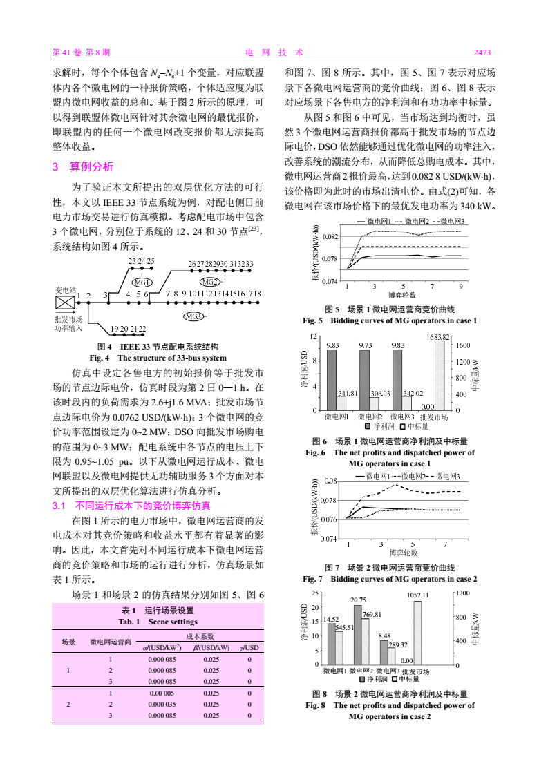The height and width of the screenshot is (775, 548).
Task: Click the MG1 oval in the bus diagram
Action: point(142,282)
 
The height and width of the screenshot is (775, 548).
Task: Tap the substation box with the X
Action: point(65,303)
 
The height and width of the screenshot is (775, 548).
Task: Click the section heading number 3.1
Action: point(63,506)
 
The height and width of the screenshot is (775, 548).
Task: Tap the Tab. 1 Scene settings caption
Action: point(158,622)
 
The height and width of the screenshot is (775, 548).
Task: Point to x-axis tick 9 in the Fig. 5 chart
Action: point(460,286)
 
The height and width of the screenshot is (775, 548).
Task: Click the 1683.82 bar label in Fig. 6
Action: point(438,336)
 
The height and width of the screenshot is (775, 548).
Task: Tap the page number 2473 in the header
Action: point(482,52)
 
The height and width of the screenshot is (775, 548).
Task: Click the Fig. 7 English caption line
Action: point(390,578)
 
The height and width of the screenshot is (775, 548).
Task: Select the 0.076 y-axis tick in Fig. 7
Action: point(329,519)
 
